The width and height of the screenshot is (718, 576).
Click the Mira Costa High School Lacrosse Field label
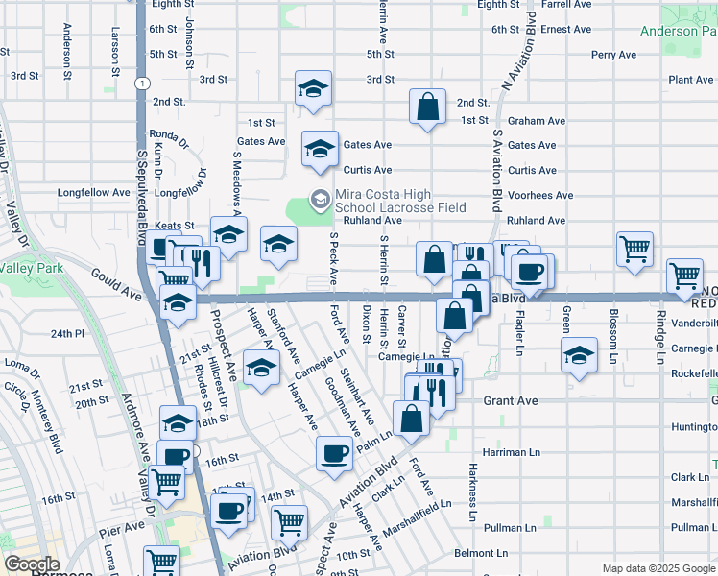coord(400,201)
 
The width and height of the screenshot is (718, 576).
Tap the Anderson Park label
coord(678,31)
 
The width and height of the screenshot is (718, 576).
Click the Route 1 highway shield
coord(142,84)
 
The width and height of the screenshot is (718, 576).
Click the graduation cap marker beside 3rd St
coord(313,89)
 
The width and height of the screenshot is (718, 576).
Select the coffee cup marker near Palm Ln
coord(334,453)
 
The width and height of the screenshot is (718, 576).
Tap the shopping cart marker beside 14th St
coord(289,523)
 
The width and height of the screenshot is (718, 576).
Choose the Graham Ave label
coord(537,121)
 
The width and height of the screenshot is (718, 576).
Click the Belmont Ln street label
coord(481,554)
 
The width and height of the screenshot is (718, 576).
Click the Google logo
coord(32,564)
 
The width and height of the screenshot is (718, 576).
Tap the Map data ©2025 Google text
coord(658,568)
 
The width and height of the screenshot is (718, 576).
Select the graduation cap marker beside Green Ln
coord(578,355)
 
